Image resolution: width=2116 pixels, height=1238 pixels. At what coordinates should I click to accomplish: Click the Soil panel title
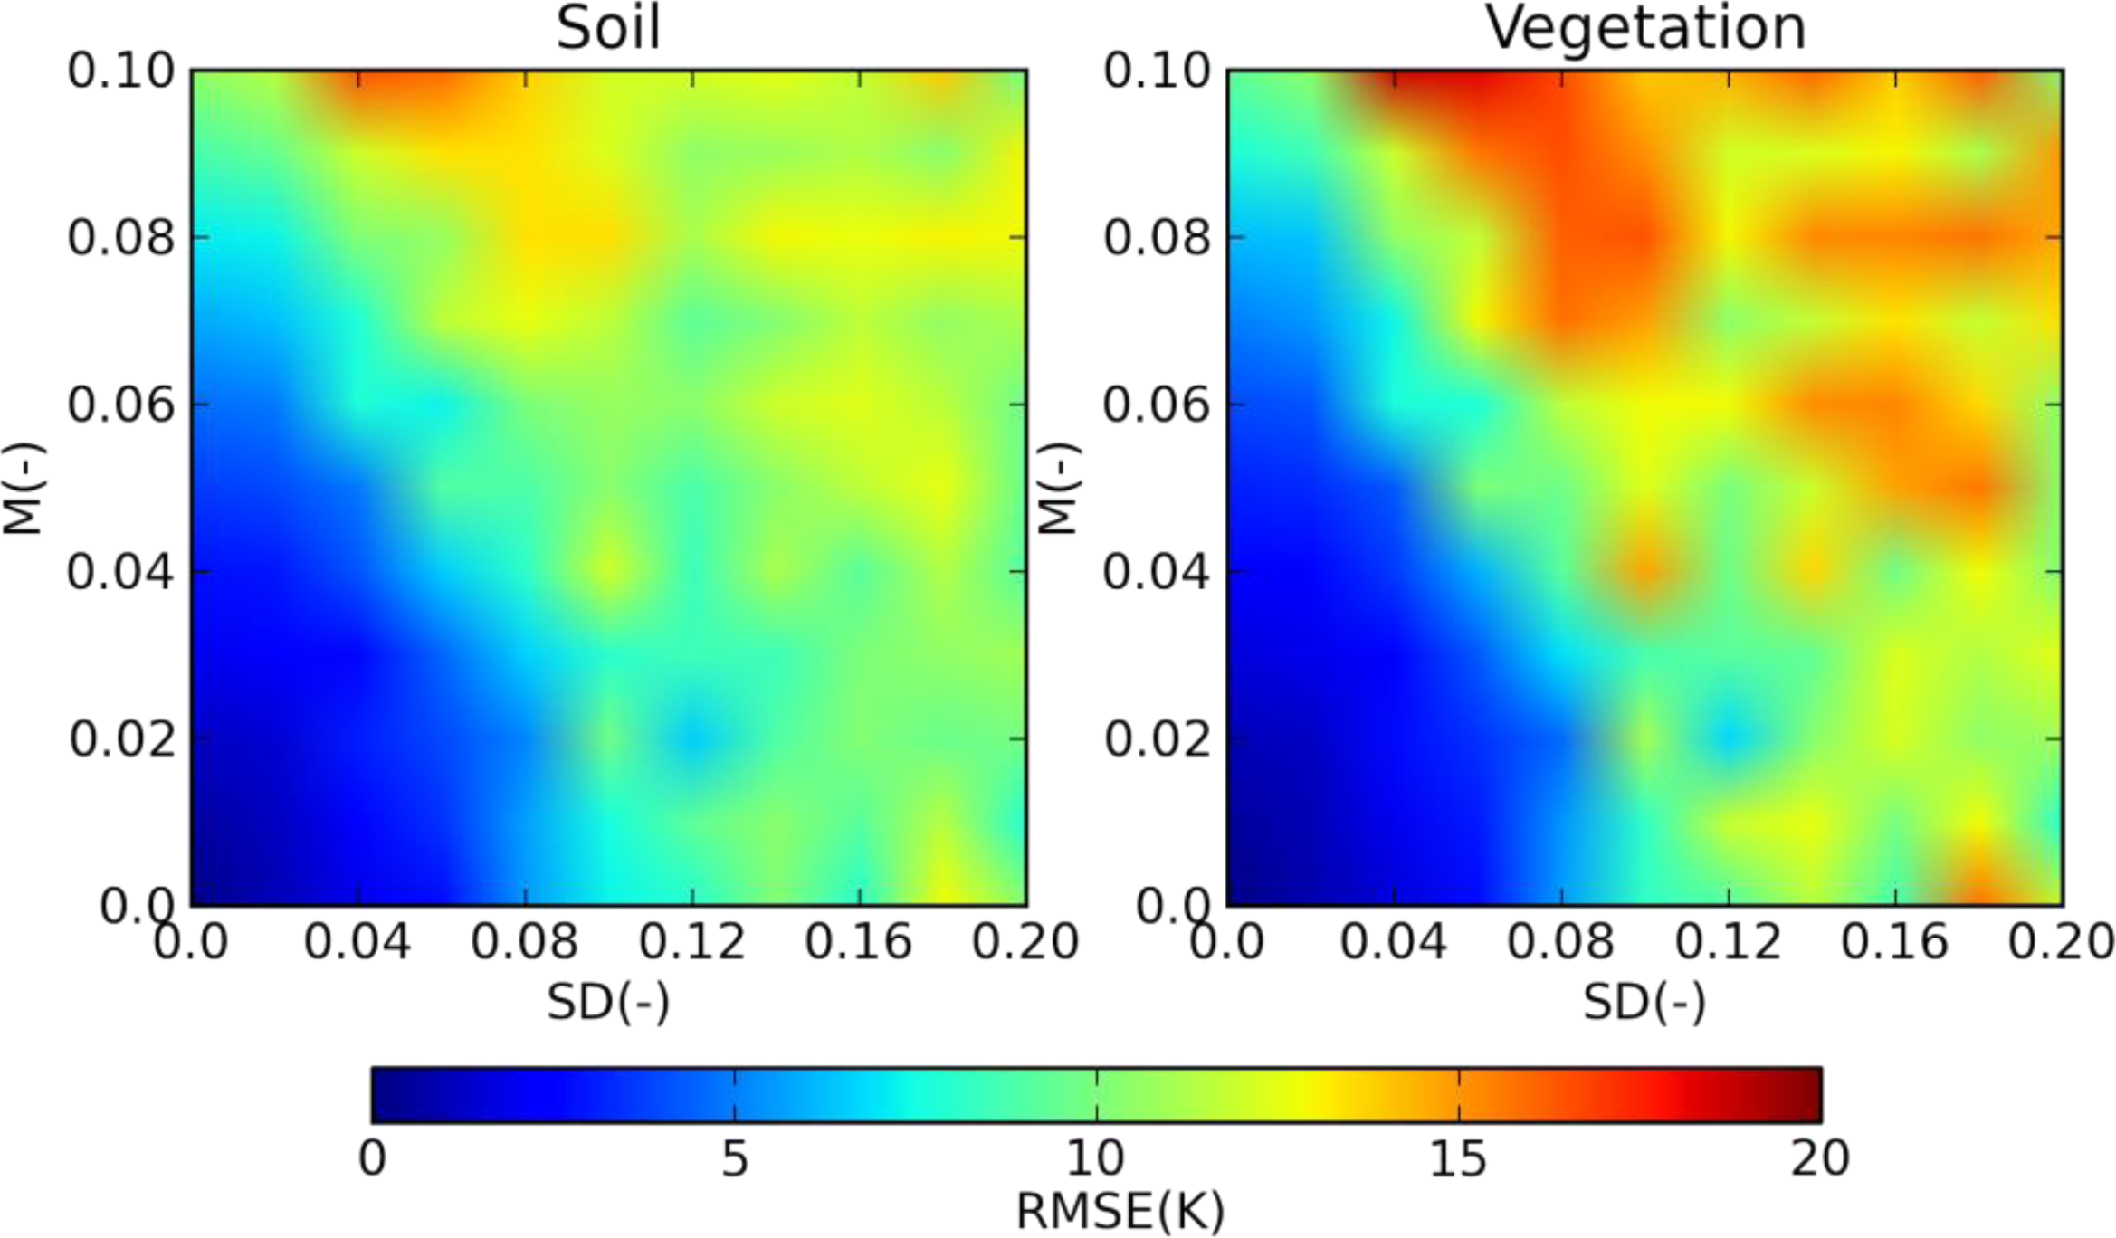[x=608, y=29]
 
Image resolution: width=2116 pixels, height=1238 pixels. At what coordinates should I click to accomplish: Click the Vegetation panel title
[x=1645, y=29]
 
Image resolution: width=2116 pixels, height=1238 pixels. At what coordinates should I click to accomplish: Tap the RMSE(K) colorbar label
[x=1120, y=1211]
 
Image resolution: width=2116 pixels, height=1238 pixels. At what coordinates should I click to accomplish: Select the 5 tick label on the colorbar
[x=735, y=1158]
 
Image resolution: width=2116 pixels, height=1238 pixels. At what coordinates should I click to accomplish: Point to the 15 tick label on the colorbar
[x=1458, y=1158]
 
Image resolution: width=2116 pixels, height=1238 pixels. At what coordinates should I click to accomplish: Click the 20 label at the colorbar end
[x=1820, y=1158]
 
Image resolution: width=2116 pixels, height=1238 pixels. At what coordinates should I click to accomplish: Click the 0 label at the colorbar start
[x=372, y=1158]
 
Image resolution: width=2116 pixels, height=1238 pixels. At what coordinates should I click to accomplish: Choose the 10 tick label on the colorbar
[x=1096, y=1158]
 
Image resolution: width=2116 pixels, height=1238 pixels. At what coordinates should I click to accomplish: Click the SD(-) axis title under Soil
[x=608, y=1002]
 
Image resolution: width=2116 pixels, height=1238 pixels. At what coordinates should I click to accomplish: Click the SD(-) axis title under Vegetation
[x=1644, y=1002]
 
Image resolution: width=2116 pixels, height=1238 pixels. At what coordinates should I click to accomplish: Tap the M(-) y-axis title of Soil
[x=23, y=489]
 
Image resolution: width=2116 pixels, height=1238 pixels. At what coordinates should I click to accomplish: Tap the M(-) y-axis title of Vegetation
[x=1058, y=489]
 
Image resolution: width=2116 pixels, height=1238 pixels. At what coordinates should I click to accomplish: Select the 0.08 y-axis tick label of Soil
[x=121, y=238]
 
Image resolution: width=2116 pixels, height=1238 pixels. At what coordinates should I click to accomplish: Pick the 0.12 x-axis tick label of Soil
[x=692, y=942]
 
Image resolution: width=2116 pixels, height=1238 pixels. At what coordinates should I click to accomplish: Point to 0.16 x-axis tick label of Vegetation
[x=1894, y=942]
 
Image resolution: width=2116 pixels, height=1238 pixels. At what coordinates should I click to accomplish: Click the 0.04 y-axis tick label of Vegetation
[x=1156, y=572]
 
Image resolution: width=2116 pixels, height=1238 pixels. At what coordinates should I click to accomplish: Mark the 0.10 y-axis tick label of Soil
[x=121, y=71]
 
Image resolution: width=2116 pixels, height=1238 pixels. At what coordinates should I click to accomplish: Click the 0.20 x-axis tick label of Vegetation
[x=2061, y=942]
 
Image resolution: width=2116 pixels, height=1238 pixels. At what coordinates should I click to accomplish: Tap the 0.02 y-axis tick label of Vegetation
[x=1157, y=739]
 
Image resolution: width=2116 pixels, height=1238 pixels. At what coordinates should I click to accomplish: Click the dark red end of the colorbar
[x=1806, y=1095]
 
